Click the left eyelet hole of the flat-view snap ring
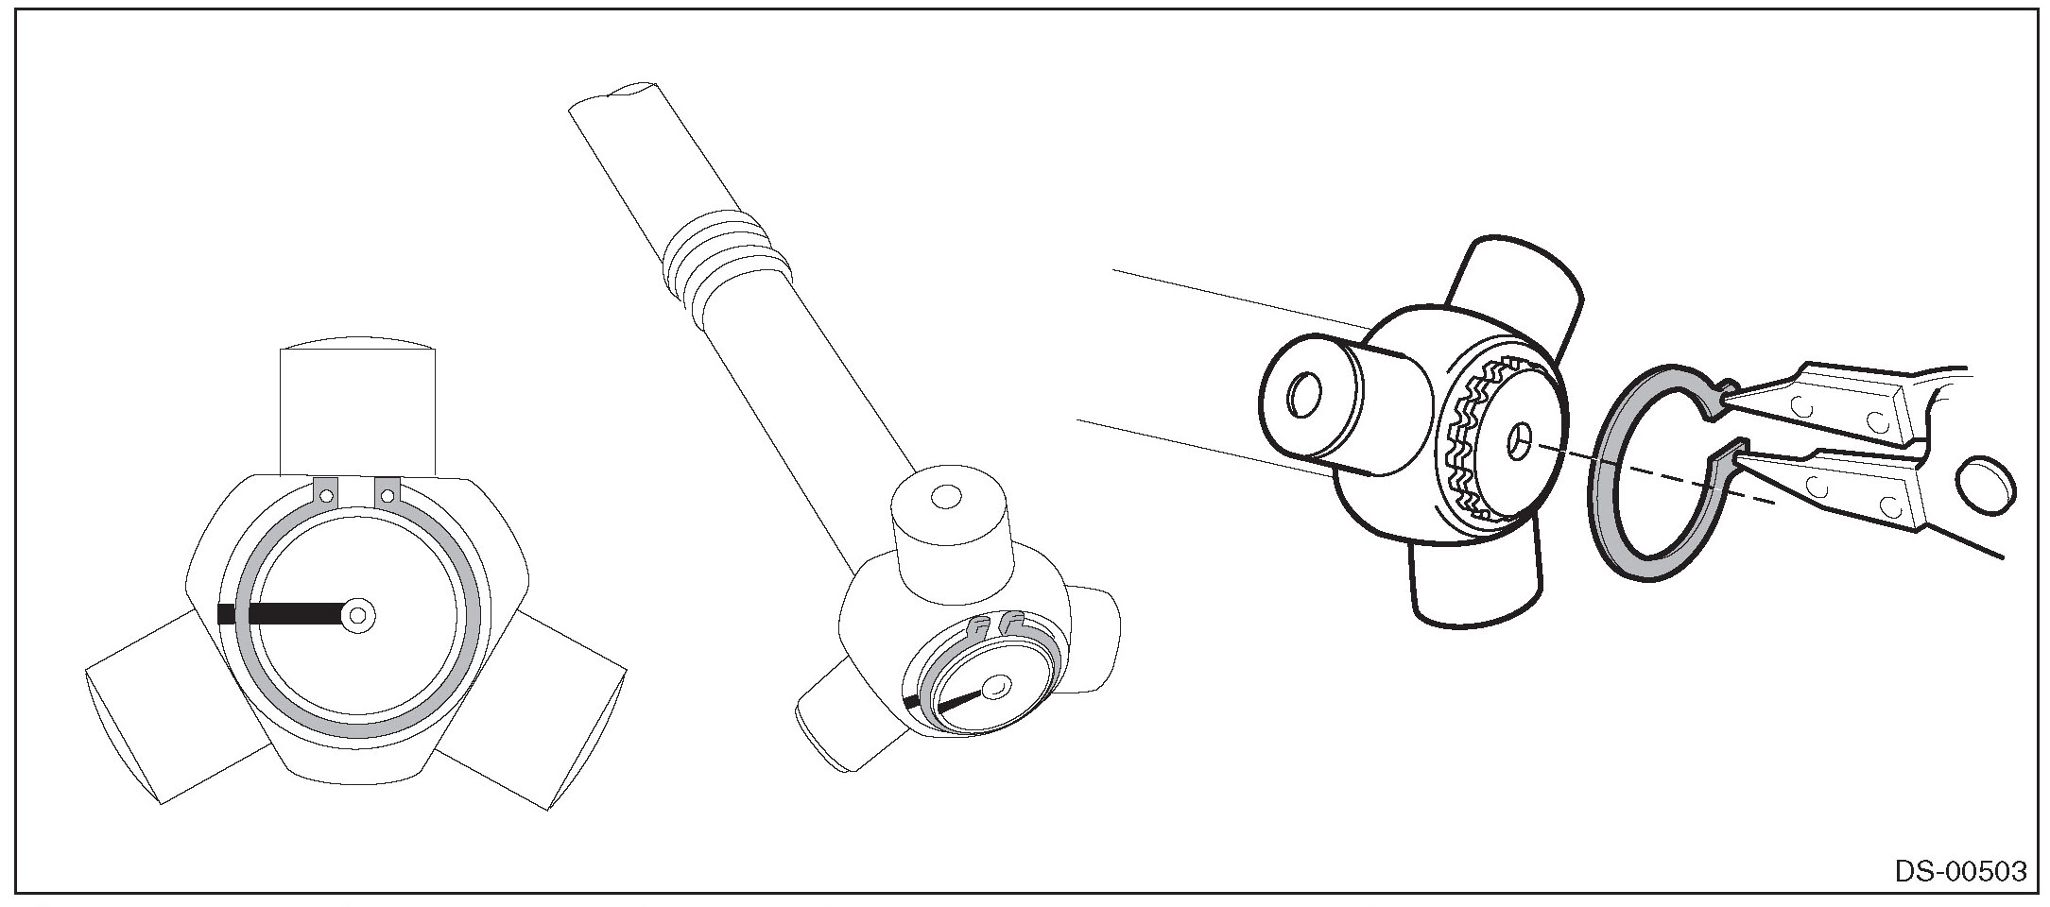pos(326,493)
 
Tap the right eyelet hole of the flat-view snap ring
pos(387,493)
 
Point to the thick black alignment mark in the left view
pos(280,614)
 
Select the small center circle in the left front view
pos(358,615)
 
